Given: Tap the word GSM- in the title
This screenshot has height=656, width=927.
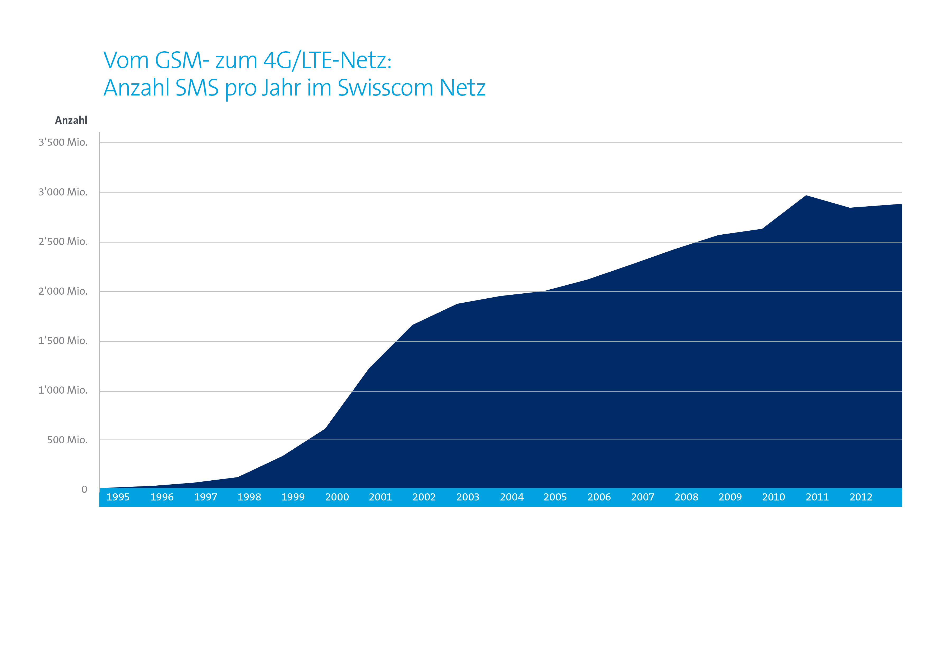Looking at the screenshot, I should click(x=182, y=60).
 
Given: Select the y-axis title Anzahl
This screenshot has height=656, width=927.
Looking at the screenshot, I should click(x=71, y=120).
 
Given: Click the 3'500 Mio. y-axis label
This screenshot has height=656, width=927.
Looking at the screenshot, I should click(x=63, y=142).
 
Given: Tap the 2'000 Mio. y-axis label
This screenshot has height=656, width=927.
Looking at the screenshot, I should click(x=63, y=291).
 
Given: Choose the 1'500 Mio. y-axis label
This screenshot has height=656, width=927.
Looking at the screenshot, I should click(x=63, y=341).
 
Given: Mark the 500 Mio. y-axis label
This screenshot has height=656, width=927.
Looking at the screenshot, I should click(x=67, y=440).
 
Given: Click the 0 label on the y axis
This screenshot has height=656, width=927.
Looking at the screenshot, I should click(x=84, y=490).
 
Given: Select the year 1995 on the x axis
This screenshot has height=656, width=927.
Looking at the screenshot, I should click(x=118, y=497).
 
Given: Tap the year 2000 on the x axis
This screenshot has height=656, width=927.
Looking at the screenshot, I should click(x=337, y=497).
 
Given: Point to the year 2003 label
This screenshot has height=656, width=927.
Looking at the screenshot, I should click(x=468, y=497).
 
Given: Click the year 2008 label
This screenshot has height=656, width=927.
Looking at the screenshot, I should click(x=686, y=497).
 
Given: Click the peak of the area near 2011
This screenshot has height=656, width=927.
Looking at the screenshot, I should click(x=806, y=196).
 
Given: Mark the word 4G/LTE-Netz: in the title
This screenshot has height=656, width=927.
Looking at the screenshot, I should click(x=327, y=60).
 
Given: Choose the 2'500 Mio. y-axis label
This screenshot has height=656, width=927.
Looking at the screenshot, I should click(x=63, y=242).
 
